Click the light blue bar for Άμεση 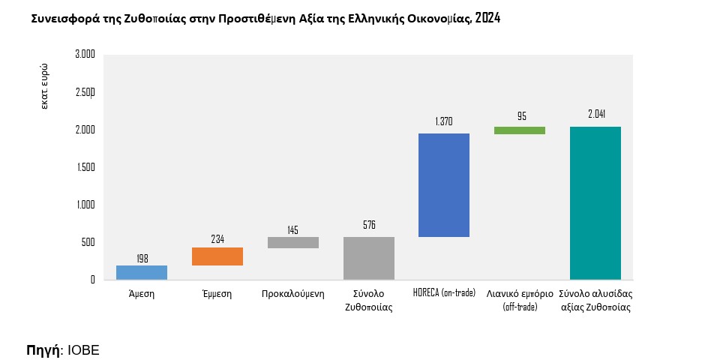[142, 272]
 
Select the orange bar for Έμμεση [217, 256]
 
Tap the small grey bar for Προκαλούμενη [293, 242]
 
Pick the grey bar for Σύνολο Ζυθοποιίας [369, 258]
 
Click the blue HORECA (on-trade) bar [444, 185]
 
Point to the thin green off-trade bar [520, 130]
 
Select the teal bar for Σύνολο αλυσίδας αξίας [595, 203]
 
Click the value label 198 [142, 258]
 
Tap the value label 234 [217, 239]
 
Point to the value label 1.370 [444, 121]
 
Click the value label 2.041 [596, 114]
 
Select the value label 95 [521, 117]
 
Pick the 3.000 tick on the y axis [85, 55]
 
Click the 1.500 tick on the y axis [85, 167]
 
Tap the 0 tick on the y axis [92, 280]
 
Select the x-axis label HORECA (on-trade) [444, 293]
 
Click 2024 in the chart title [487, 18]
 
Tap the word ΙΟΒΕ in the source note [83, 350]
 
